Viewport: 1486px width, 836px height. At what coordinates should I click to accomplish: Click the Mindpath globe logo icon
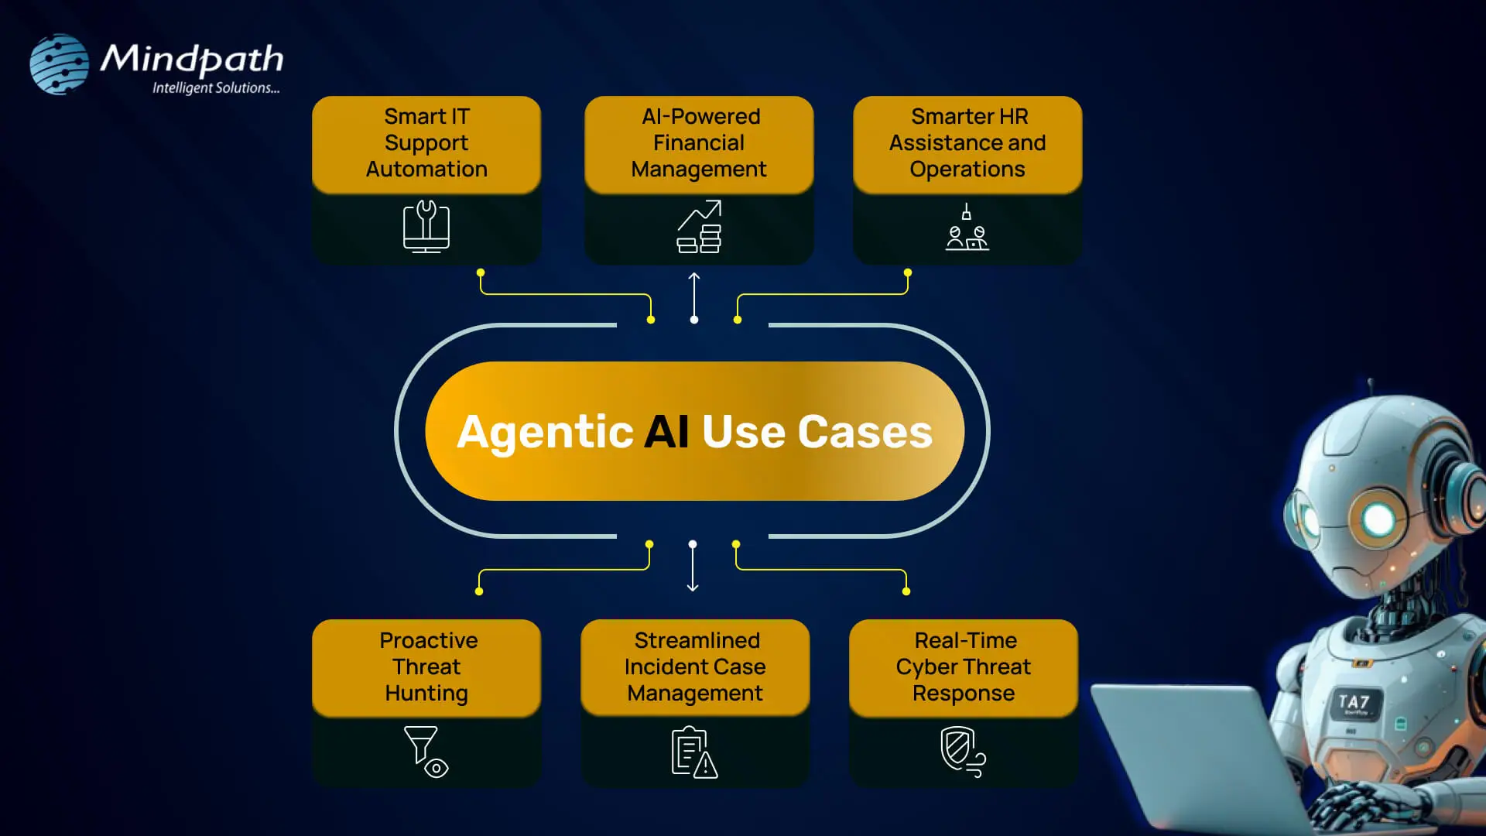59,64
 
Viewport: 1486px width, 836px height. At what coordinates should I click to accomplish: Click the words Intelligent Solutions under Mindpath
215,88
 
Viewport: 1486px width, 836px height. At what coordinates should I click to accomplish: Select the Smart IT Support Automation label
426,143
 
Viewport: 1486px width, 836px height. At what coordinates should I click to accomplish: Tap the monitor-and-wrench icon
426,227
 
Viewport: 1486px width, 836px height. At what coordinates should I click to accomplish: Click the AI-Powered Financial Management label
699,143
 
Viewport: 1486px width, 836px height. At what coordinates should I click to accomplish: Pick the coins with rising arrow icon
699,227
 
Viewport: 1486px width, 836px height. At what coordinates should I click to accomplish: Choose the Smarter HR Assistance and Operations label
967,143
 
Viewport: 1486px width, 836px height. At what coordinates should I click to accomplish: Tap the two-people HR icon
967,228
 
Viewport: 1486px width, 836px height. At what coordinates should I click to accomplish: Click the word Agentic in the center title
546,432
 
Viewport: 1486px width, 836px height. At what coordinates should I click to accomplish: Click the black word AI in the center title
666,432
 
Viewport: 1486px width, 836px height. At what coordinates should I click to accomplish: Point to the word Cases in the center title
865,432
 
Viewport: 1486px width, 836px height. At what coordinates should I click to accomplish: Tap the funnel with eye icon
426,752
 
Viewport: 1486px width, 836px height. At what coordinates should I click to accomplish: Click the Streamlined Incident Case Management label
695,666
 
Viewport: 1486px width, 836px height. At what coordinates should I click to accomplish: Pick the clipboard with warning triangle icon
694,752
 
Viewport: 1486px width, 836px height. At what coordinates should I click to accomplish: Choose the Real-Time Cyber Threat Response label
964,666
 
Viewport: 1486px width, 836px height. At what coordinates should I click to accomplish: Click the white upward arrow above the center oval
694,296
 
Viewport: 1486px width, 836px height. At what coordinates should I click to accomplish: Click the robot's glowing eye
1378,519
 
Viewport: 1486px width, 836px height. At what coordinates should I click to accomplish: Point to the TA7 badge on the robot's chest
1354,703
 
